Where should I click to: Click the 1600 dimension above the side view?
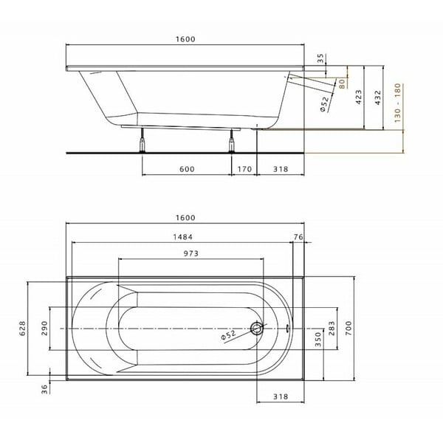[x=185, y=39]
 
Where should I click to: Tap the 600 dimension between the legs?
[x=187, y=169]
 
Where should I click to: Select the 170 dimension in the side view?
[x=244, y=169]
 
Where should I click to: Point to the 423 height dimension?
[x=359, y=97]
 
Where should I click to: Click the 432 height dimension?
[x=378, y=97]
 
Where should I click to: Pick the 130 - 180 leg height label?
[x=397, y=103]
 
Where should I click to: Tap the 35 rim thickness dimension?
[x=320, y=58]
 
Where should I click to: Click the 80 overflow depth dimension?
[x=342, y=83]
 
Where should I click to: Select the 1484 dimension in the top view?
[x=183, y=237]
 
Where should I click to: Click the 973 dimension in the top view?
[x=191, y=253]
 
